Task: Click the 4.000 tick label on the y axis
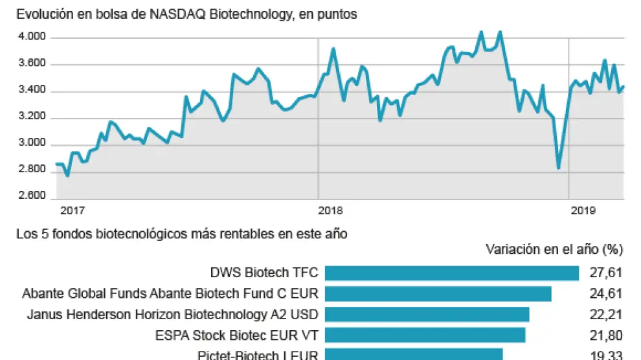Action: coord(32,38)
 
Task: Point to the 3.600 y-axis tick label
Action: coord(32,64)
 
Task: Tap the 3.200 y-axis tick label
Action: coord(32,118)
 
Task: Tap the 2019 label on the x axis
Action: coord(582,210)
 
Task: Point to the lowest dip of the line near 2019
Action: coord(558,168)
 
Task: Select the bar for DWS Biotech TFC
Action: coord(451,273)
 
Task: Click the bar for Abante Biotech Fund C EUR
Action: coord(438,294)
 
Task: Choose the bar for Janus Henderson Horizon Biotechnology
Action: coord(427,315)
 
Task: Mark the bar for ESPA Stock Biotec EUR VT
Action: coord(425,335)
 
